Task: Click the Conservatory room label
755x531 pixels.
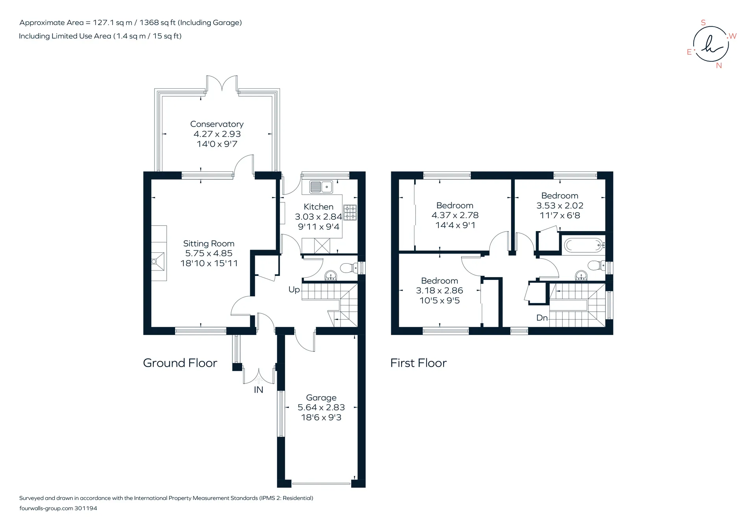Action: click(x=217, y=124)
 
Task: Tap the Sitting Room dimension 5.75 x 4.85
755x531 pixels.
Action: click(x=209, y=254)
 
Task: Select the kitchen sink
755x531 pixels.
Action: click(x=321, y=187)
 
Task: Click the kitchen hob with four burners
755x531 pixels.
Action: click(x=350, y=212)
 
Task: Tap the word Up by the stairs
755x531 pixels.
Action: click(x=294, y=290)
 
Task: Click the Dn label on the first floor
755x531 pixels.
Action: click(x=542, y=318)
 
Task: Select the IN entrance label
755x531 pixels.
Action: click(x=258, y=390)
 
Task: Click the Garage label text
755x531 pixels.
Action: click(x=321, y=398)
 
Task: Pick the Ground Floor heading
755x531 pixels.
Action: click(x=180, y=363)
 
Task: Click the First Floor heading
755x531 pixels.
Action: click(x=418, y=363)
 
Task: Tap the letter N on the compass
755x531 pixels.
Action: click(x=719, y=66)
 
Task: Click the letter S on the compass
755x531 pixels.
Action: click(x=703, y=23)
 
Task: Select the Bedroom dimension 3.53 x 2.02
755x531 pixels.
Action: click(x=560, y=206)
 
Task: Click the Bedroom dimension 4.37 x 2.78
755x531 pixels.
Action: click(x=455, y=215)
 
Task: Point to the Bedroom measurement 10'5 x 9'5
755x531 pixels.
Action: click(x=440, y=301)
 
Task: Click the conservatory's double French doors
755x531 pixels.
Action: click(x=222, y=83)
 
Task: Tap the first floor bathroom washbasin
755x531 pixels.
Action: click(x=581, y=276)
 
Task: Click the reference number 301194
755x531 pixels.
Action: click(x=86, y=508)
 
